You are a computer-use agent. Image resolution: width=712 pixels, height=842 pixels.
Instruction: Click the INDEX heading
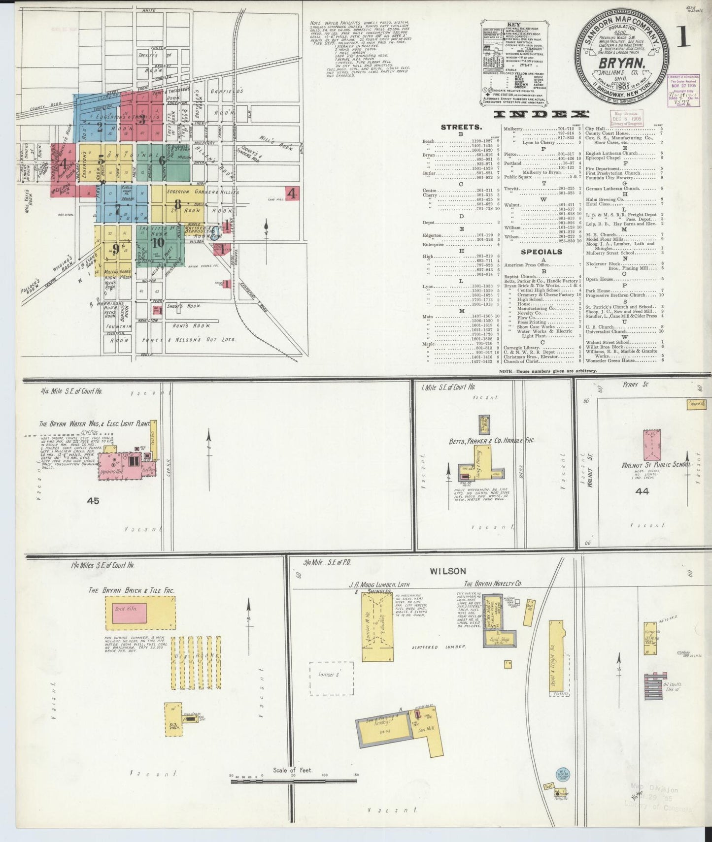tap(542, 114)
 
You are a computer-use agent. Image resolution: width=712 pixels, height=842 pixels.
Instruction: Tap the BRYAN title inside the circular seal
tap(622, 63)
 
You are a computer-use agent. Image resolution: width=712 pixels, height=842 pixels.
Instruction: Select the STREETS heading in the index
tap(460, 127)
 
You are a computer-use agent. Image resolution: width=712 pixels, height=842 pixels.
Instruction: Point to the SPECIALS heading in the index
tap(541, 252)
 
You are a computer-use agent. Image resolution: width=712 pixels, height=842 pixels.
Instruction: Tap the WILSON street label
tap(447, 571)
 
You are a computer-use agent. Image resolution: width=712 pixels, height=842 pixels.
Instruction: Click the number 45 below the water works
tap(93, 501)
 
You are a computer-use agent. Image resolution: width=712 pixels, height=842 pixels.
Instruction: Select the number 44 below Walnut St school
tap(642, 491)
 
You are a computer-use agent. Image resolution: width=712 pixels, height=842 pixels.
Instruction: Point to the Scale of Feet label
tap(293, 770)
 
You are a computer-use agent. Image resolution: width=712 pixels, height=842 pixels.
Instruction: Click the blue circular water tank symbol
tap(563, 775)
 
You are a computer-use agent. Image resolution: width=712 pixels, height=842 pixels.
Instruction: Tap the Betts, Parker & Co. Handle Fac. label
tap(491, 440)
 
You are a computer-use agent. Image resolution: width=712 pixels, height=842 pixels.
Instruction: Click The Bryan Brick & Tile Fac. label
tap(131, 590)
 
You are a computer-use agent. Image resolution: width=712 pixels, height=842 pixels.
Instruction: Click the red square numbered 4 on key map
tap(292, 193)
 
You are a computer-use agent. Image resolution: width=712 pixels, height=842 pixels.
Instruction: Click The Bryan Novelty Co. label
tap(492, 583)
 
